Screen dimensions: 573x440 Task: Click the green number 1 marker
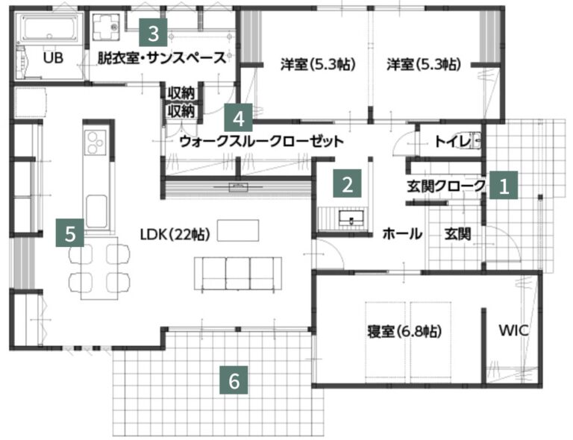[504, 185]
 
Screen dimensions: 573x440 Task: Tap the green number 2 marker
[347, 183]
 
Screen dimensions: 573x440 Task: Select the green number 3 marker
[153, 33]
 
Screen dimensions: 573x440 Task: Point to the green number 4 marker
[238, 118]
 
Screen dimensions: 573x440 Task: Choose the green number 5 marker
[70, 233]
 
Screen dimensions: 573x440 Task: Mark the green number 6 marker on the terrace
[234, 380]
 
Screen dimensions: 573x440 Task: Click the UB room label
[53, 57]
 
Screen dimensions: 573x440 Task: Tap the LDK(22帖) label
[175, 234]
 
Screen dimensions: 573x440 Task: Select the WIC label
[513, 330]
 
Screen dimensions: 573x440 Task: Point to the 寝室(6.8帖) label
[404, 331]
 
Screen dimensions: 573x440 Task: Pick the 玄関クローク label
[446, 186]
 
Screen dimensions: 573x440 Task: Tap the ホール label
[402, 233]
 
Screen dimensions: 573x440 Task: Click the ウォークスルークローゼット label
[262, 141]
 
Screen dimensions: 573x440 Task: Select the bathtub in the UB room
[49, 28]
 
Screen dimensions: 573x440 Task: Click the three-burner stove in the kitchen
[95, 142]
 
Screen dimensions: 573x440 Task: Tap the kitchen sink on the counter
[96, 212]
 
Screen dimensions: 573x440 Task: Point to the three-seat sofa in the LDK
[238, 274]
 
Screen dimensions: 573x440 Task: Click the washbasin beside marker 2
[351, 219]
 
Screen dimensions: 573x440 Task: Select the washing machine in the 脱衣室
[106, 27]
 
